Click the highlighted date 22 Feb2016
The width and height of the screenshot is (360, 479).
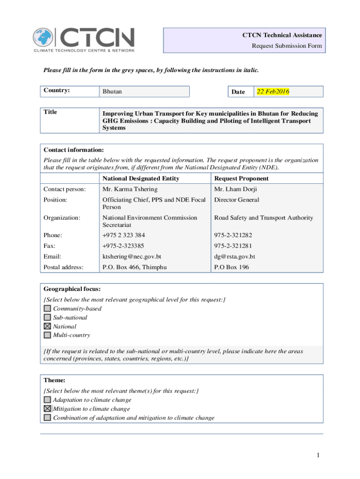point(273,92)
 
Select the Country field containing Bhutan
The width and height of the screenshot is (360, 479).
point(145,92)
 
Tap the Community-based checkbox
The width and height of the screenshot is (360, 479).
point(47,309)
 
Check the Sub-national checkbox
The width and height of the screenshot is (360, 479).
point(47,318)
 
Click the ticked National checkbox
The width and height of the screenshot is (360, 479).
point(47,327)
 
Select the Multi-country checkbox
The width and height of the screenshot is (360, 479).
point(47,335)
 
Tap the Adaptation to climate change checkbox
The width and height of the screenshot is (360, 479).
point(47,400)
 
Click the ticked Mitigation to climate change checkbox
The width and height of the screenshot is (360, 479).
point(47,409)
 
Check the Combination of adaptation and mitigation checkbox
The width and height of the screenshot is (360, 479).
point(47,418)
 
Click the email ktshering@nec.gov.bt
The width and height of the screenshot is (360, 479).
point(132,257)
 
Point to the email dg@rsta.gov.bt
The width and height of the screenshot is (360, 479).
point(234,257)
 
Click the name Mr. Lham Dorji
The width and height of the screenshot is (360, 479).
point(236,189)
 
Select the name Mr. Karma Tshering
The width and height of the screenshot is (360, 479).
point(130,189)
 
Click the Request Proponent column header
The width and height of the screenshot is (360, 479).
point(241,179)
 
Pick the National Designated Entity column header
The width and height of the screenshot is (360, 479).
point(141,179)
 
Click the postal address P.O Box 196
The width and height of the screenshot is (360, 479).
point(231,267)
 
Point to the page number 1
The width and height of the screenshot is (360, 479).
point(317,455)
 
